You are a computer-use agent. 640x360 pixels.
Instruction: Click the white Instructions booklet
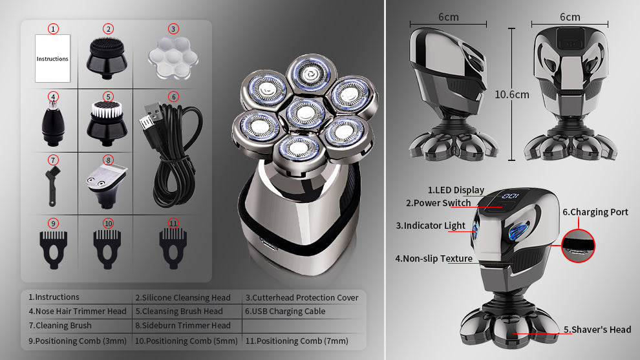(52, 58)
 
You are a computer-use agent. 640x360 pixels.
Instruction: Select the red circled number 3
(173, 29)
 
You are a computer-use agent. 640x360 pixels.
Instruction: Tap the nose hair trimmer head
(53, 123)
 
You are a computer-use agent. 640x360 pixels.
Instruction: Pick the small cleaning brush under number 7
(52, 185)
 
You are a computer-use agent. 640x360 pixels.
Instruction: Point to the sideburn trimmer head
(107, 185)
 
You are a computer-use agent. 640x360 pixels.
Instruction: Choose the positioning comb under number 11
(173, 248)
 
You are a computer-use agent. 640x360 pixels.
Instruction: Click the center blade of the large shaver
(305, 113)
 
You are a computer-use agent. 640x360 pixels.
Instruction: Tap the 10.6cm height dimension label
(512, 95)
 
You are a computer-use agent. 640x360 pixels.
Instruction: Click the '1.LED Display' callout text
(456, 190)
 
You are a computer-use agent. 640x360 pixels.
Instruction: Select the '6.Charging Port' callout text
(595, 212)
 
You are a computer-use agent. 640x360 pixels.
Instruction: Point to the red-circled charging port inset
(578, 246)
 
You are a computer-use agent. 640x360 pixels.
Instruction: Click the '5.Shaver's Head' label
(597, 330)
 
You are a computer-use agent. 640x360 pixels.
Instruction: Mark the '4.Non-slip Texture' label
(434, 259)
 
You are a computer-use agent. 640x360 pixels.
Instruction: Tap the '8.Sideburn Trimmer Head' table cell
(183, 325)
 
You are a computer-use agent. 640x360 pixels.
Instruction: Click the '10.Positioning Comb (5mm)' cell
(186, 341)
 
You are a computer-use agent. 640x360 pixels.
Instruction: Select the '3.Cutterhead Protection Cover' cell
(302, 297)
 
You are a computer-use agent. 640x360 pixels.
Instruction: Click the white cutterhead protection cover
(173, 58)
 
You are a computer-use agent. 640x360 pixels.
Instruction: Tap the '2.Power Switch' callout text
(438, 203)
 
